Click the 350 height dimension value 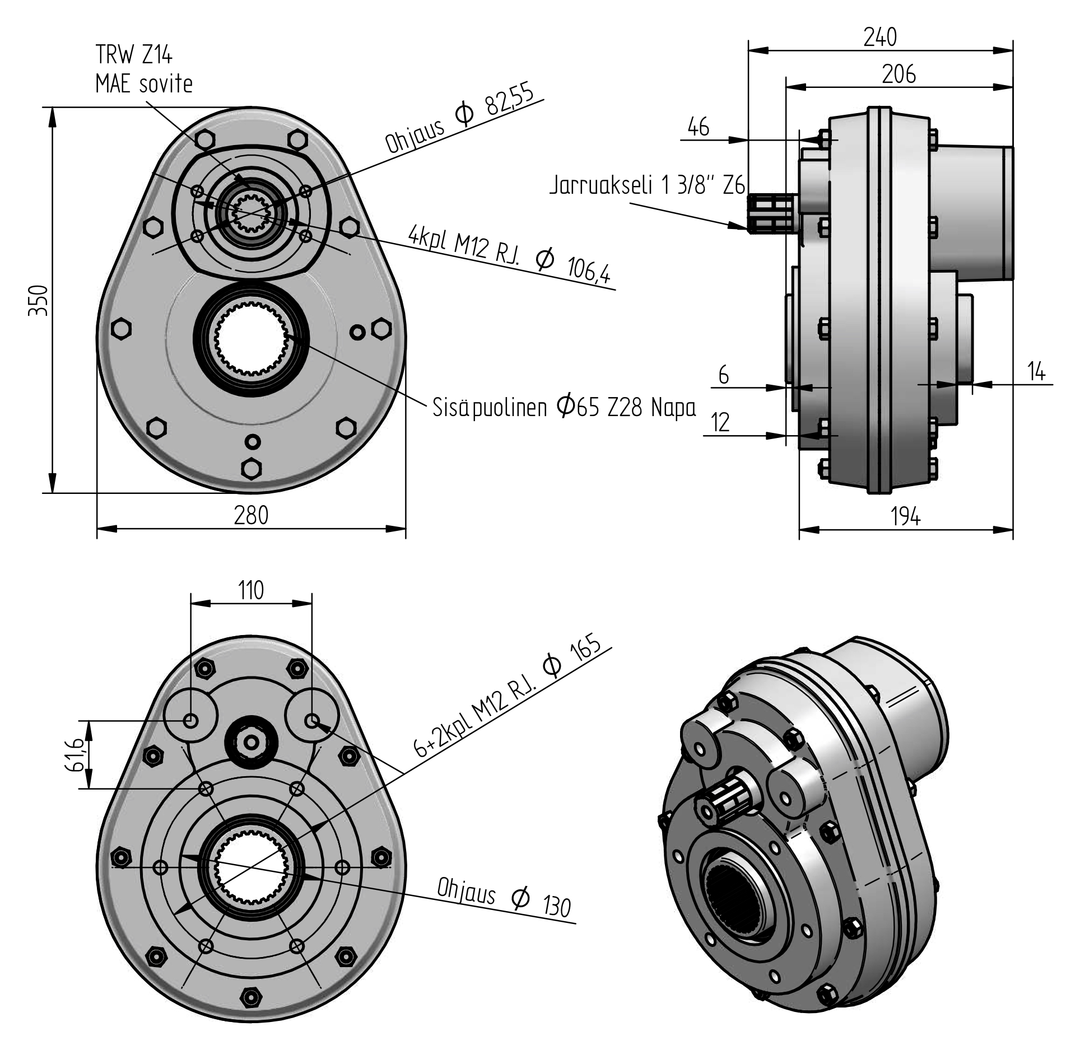tap(39, 300)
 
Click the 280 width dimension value tap(251, 515)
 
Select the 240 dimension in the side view tap(880, 37)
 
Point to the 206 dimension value tap(899, 74)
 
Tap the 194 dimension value tap(905, 516)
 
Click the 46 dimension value tap(698, 128)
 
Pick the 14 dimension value tap(1036, 371)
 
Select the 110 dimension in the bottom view tap(250, 590)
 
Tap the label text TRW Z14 tap(134, 55)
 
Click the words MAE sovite tap(144, 84)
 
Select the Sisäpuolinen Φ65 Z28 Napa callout tap(564, 407)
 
